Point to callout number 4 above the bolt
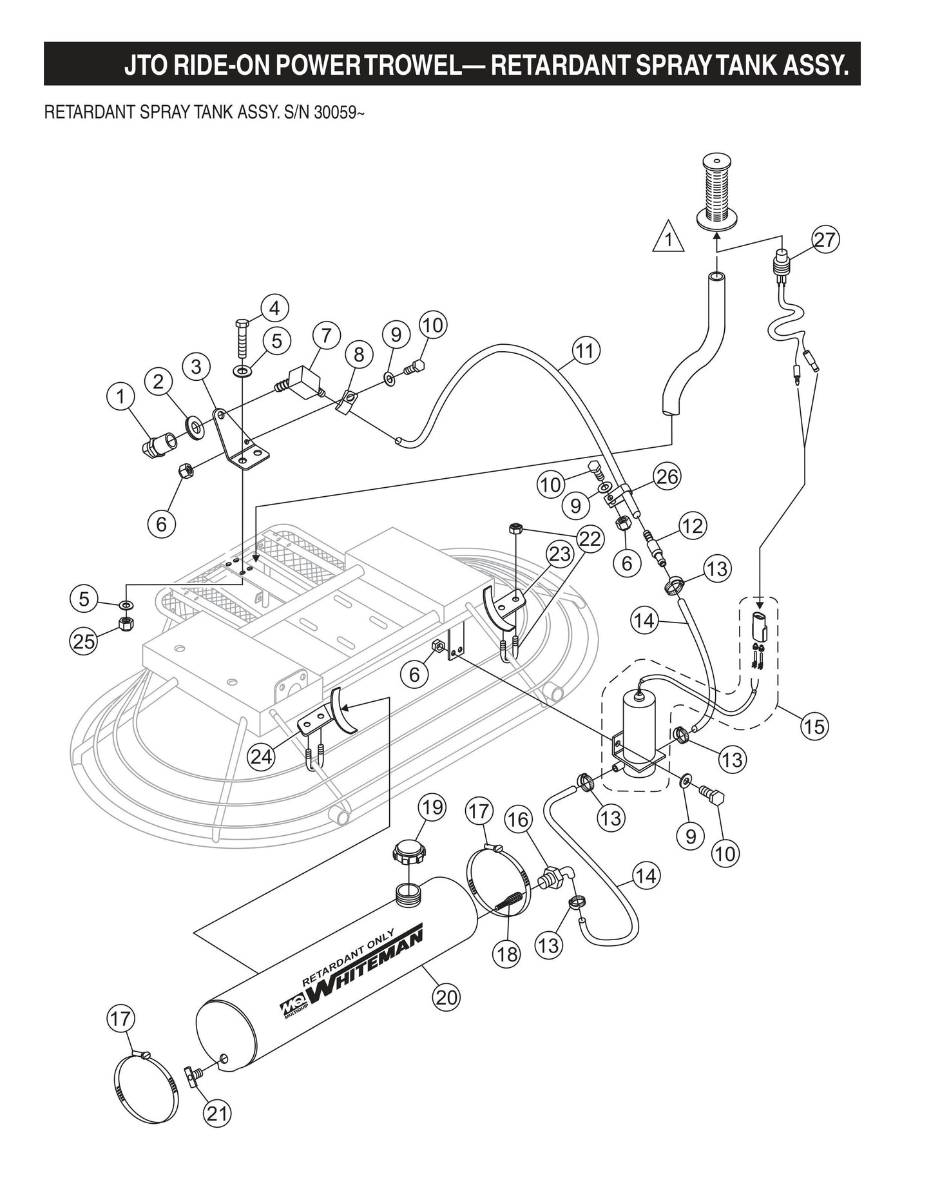tap(274, 308)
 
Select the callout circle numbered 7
tap(327, 336)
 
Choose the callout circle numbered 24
tap(262, 756)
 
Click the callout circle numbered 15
tap(814, 726)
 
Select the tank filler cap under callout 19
tap(410, 854)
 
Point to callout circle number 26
tap(667, 476)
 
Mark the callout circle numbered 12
tap(693, 526)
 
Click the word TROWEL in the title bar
tap(421, 66)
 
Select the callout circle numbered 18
tap(508, 954)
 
